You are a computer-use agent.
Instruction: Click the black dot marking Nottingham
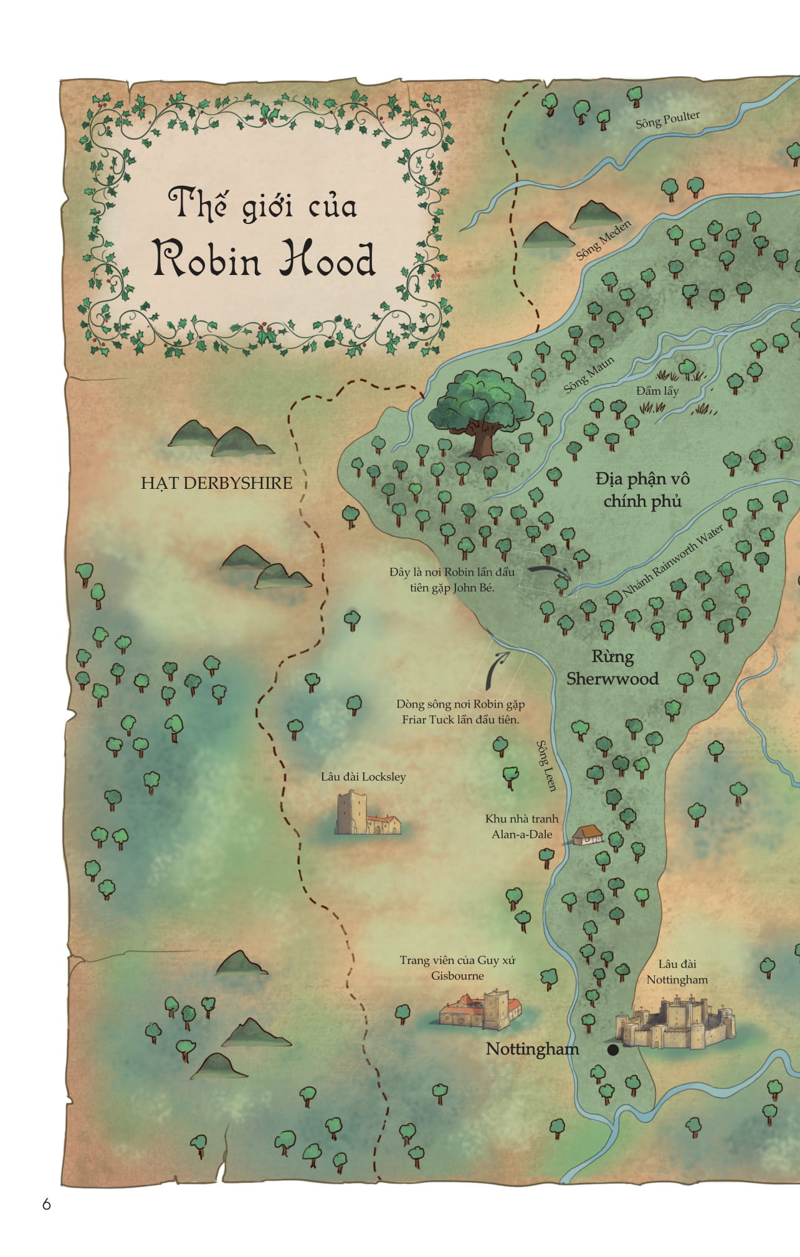tap(613, 1050)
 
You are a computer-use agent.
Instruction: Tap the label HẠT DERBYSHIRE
tap(216, 483)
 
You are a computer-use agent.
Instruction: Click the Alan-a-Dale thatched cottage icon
tap(587, 835)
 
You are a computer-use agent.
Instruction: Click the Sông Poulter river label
tap(667, 120)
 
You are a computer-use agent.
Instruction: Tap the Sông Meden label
tap(603, 240)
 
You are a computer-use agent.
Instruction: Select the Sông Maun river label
tap(589, 375)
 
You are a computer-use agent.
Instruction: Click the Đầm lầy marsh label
tap(657, 391)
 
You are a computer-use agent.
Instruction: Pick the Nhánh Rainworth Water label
tap(674, 560)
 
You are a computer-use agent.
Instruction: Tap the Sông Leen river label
tap(546, 766)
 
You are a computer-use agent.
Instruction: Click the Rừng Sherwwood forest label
tap(612, 668)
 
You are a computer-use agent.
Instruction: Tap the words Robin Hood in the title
tap(264, 259)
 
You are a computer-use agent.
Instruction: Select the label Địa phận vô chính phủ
tap(642, 490)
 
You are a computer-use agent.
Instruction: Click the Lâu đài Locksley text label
tap(363, 777)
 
